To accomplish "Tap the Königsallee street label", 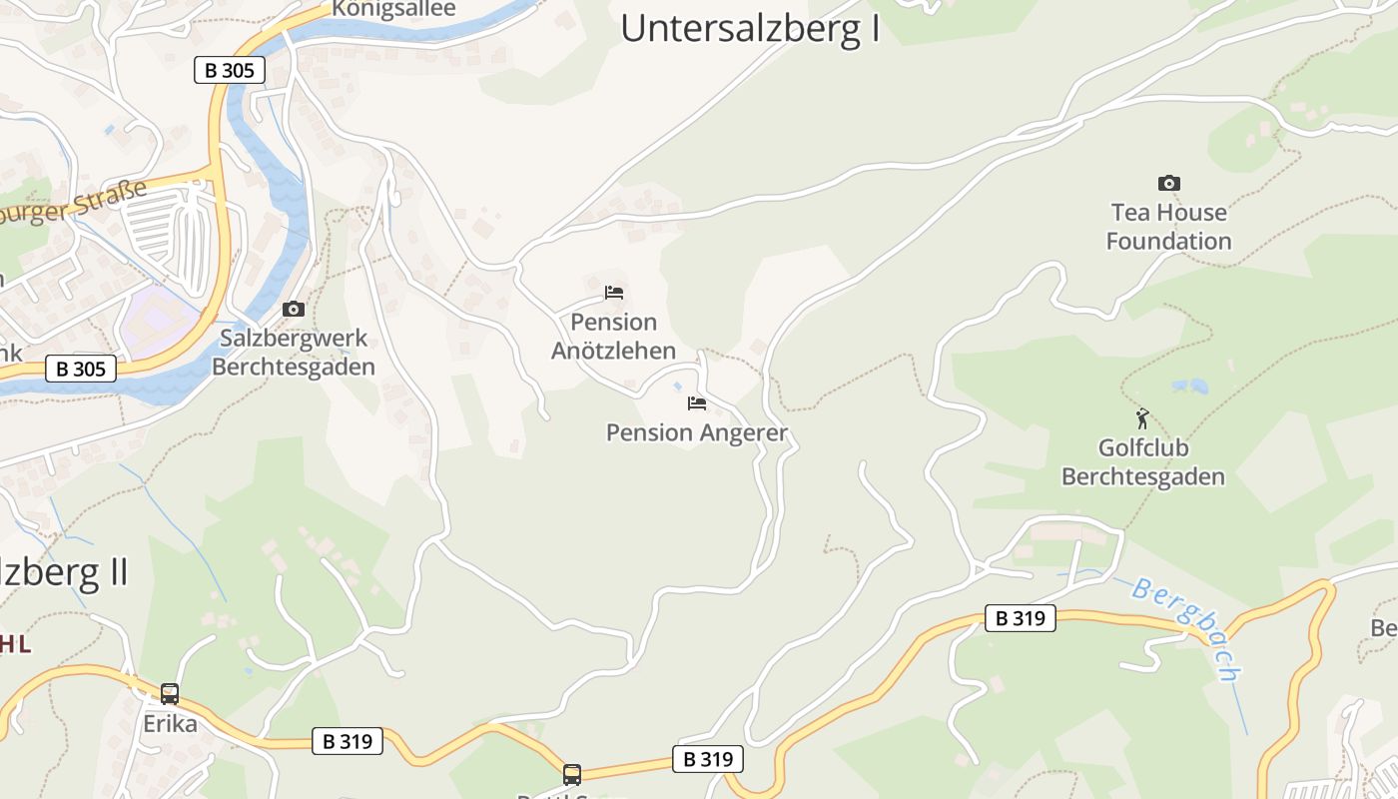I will (393, 9).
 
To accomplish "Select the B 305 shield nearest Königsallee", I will (230, 70).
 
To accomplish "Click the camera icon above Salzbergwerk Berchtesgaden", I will (294, 309).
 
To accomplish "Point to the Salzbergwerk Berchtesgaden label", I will (294, 353).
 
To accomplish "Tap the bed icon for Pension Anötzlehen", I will (614, 293).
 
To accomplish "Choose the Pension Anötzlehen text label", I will (614, 337).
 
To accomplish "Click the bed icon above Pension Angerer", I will (697, 403).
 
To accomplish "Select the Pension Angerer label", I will (697, 432).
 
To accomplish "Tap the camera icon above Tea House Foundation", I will (1168, 183).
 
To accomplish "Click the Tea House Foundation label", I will (1168, 227).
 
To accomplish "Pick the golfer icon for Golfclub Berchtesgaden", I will (1142, 418).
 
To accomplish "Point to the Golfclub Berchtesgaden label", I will (1142, 462).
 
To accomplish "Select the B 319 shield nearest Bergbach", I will (1021, 618).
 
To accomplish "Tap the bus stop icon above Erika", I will (170, 693).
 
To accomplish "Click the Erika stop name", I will (170, 723).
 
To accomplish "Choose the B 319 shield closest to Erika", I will (348, 741).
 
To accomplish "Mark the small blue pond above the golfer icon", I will (1189, 386).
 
